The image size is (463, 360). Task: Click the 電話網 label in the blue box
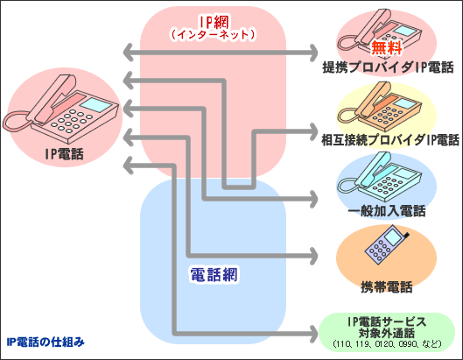pyautogui.click(x=214, y=274)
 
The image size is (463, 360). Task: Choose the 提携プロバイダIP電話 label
pyautogui.click(x=388, y=67)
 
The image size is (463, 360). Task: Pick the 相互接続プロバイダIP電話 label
pyautogui.click(x=388, y=139)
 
